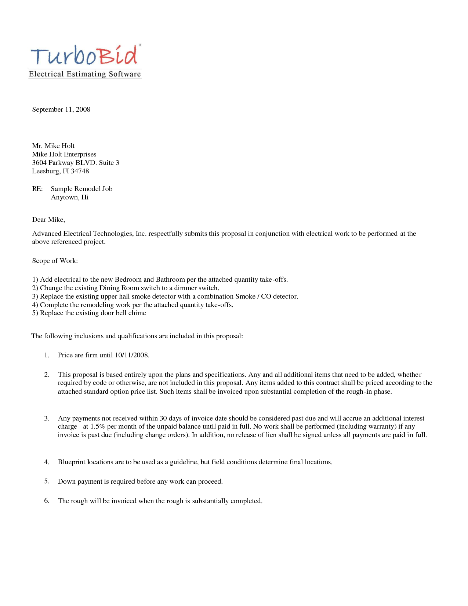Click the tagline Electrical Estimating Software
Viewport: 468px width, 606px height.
(x=85, y=74)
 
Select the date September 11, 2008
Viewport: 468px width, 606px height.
(x=61, y=109)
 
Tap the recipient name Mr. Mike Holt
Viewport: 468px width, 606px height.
(x=53, y=146)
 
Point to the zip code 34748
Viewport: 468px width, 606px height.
(x=80, y=171)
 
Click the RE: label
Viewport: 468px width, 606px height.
(x=37, y=189)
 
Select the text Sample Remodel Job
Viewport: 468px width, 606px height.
(x=81, y=189)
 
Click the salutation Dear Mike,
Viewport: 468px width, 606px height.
(x=48, y=220)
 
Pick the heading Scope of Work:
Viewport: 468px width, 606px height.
(x=55, y=261)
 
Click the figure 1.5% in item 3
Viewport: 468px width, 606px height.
(x=98, y=427)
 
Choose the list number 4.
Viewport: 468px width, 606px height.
(x=47, y=462)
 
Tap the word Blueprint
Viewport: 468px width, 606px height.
(x=72, y=462)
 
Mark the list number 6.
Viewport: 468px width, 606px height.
(x=47, y=501)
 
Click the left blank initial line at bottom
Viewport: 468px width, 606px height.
(x=374, y=549)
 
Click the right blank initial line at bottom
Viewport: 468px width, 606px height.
(x=425, y=549)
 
